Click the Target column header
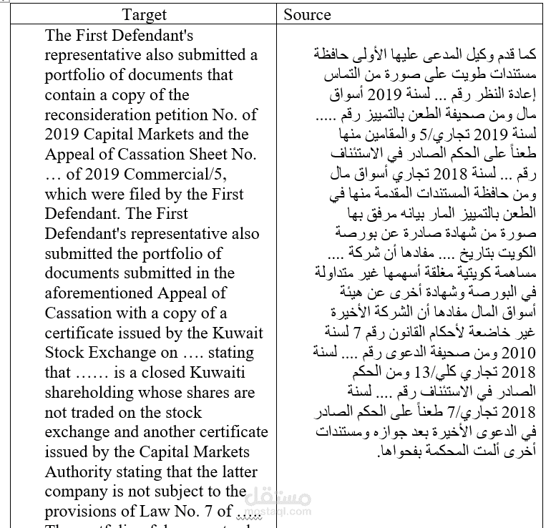pyautogui.click(x=144, y=14)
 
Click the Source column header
pyautogui.click(x=307, y=14)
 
